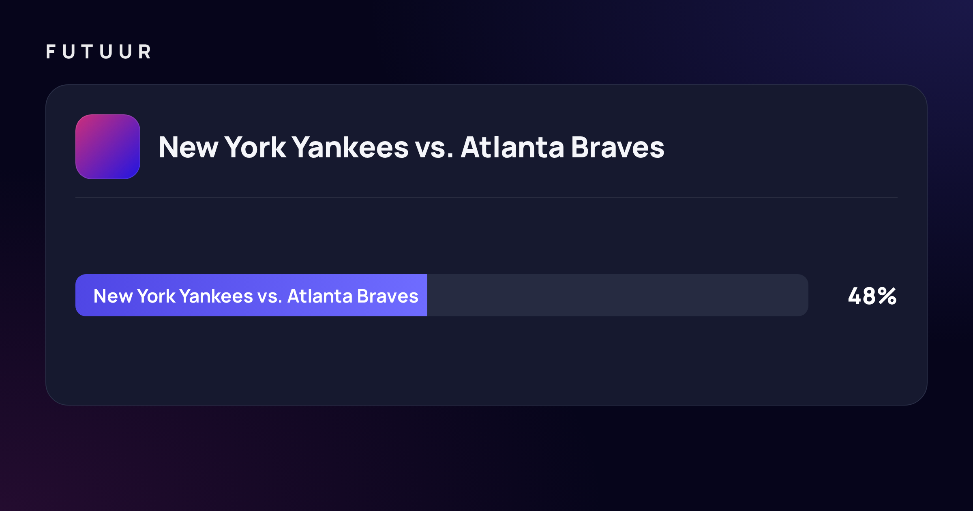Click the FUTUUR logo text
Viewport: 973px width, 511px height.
point(99,52)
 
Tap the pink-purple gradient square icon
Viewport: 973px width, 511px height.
point(108,147)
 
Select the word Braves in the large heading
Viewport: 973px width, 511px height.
point(617,147)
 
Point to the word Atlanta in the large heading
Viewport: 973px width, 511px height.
point(512,147)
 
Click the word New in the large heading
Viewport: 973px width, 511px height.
point(189,147)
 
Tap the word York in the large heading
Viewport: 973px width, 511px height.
point(255,147)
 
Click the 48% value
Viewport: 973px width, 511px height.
point(872,296)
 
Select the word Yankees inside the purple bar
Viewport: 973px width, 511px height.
point(216,296)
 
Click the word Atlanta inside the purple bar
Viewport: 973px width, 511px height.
point(320,296)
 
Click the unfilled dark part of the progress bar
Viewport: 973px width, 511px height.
point(618,295)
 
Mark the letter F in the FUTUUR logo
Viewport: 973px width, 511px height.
point(51,52)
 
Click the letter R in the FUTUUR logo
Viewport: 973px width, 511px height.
point(145,52)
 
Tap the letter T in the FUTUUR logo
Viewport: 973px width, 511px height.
point(87,52)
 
